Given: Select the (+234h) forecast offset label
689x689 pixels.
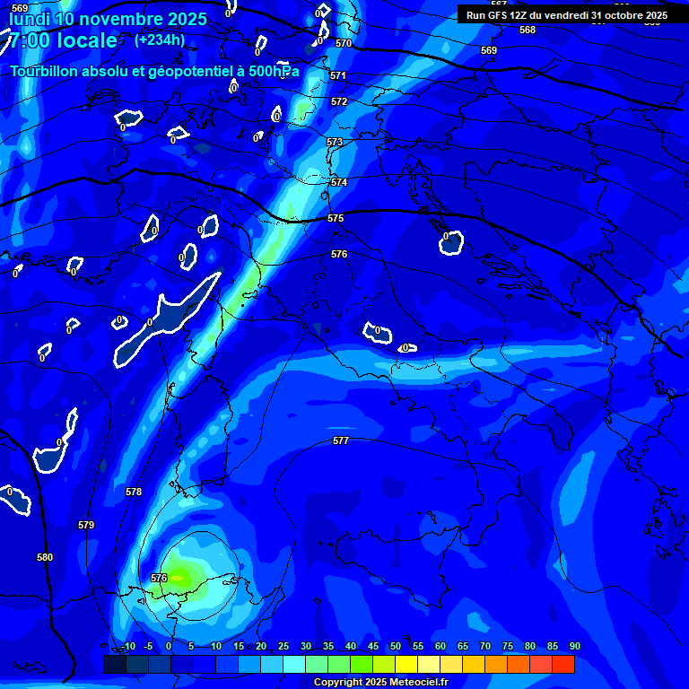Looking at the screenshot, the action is [160, 39].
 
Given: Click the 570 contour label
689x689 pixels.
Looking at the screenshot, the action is [344, 43].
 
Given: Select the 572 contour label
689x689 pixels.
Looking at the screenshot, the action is [339, 102].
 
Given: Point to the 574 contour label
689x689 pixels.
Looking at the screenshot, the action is [339, 182].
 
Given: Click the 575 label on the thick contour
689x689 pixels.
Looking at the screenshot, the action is [336, 218].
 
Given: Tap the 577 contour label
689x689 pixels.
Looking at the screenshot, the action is [341, 440].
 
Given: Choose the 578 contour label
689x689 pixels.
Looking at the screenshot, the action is [134, 492].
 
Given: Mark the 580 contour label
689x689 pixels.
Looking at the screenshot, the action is [45, 557].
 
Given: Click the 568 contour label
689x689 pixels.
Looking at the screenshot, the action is [528, 30].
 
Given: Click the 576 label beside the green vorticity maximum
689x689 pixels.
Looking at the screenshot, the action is [160, 578].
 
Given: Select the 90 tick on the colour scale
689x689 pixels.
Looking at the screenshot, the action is [574, 646].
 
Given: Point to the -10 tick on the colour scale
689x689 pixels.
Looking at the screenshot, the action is [128, 646].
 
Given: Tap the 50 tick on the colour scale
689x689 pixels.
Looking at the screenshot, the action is [396, 646].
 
